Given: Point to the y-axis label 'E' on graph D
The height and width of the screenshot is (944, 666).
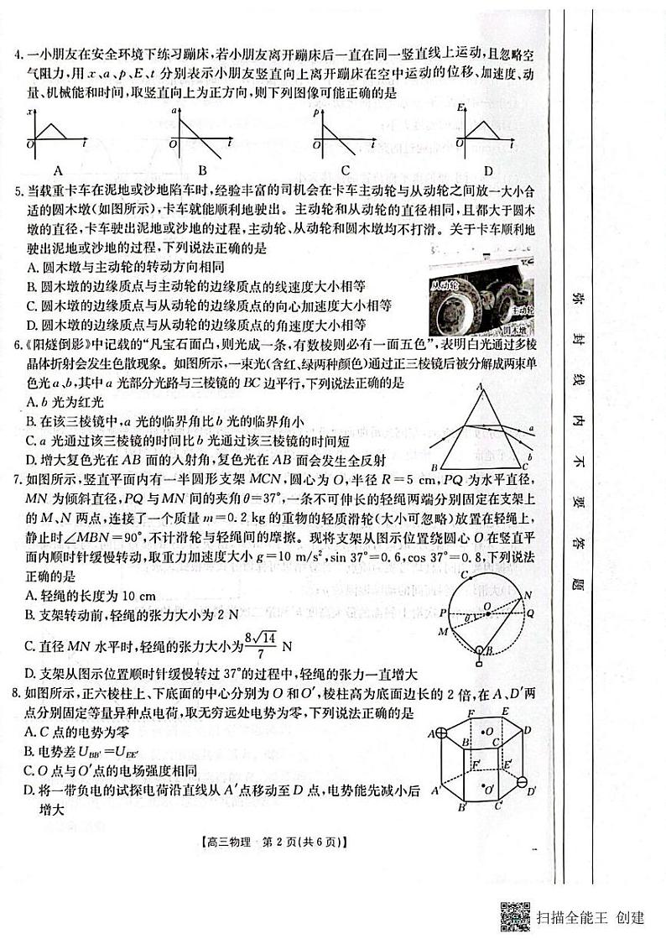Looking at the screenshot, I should [x=460, y=109].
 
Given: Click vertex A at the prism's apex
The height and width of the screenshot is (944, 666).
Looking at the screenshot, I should [x=479, y=387].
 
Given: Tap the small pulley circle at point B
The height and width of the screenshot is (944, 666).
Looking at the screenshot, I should [x=481, y=651].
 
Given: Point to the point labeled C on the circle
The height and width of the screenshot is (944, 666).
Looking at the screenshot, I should [x=464, y=574].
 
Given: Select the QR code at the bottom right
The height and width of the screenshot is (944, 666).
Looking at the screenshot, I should [x=516, y=916].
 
